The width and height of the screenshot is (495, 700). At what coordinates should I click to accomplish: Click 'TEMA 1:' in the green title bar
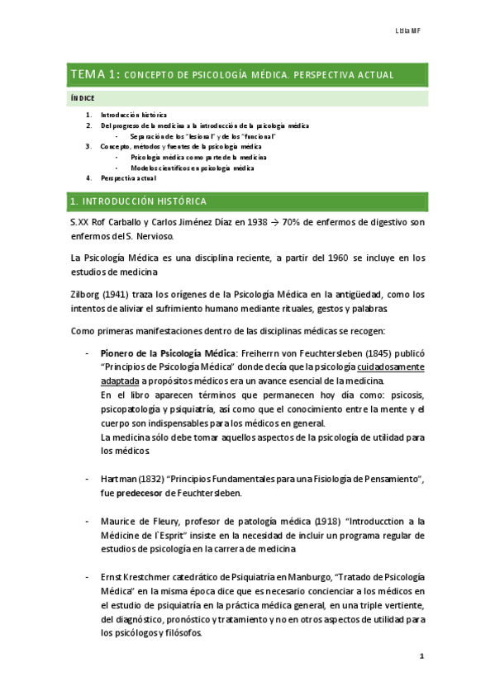96,75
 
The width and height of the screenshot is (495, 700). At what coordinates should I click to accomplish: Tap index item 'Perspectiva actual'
128,177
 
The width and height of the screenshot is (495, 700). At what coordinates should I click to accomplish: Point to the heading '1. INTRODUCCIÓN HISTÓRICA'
138,201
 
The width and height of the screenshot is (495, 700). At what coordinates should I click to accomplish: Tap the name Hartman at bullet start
118,480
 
